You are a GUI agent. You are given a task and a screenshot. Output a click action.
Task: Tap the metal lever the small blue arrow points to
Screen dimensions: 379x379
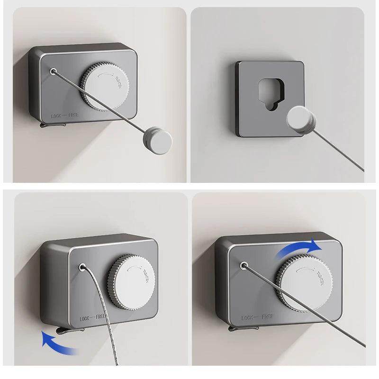[x=55, y=330]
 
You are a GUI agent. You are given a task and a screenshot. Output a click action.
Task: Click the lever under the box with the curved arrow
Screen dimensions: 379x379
[x=235, y=327]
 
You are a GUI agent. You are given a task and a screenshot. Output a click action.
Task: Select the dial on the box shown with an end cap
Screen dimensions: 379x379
[x=106, y=88]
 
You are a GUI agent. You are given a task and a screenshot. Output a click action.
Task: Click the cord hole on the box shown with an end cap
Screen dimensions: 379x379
[x=53, y=72]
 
